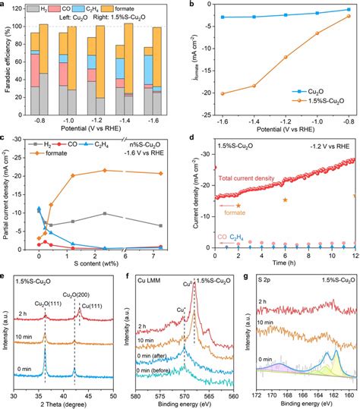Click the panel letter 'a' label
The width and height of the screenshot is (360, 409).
pos(4,5)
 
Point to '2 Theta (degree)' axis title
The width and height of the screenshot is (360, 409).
pos(68,403)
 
